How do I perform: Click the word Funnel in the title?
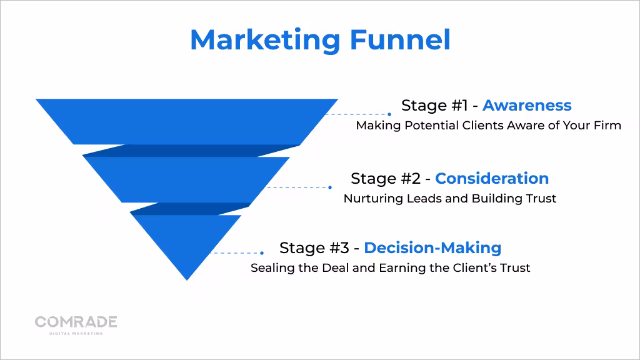pos(399,41)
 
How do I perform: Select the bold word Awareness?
pos(527,105)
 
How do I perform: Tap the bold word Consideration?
pos(492,178)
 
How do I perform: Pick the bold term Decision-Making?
pos(432,247)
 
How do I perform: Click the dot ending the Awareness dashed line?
pos(389,114)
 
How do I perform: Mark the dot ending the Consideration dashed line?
pos(330,187)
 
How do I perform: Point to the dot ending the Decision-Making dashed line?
pos(262,253)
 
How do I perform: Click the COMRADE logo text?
pos(76,322)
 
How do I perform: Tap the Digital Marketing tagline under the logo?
pos(76,334)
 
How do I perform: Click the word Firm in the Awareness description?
pos(607,126)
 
